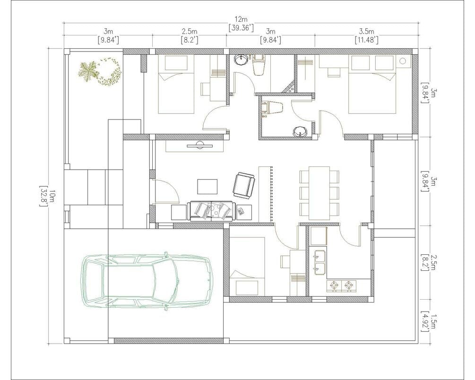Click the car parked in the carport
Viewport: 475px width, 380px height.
(147, 281)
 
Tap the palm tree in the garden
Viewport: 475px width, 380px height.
(88, 71)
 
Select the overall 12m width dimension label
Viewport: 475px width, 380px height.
(241, 24)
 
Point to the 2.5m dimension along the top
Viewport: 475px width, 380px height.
(190, 35)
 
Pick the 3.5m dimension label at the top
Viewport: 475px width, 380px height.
(367, 35)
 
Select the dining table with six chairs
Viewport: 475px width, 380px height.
(320, 193)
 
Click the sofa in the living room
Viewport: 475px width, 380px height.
(211, 211)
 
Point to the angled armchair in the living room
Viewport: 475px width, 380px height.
(244, 186)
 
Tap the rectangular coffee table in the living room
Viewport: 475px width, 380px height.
(207, 187)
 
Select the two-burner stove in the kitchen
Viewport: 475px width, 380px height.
(341, 285)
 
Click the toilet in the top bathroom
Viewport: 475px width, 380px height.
(259, 65)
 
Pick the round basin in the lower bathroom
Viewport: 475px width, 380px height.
(300, 132)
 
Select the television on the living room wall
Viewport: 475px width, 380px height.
(199, 146)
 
